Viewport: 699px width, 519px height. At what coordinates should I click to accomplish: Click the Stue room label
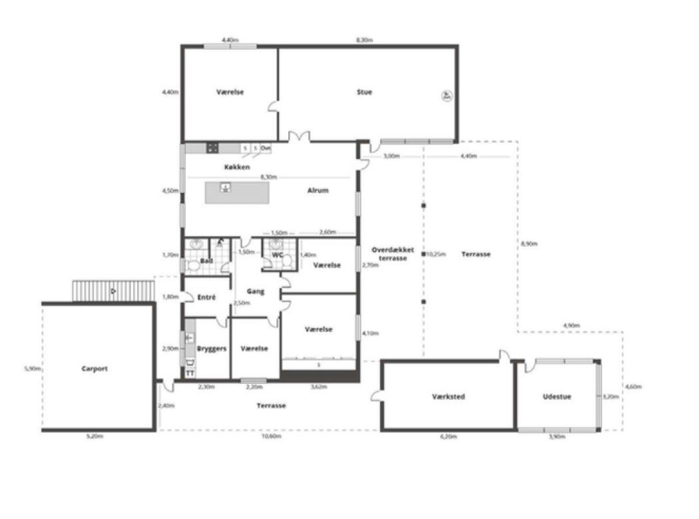(364, 92)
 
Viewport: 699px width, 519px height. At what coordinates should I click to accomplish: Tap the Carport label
(95, 369)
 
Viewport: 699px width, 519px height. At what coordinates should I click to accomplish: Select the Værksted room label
(448, 397)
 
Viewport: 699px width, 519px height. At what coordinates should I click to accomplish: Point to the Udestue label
(557, 397)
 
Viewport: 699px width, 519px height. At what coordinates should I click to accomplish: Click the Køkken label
(236, 167)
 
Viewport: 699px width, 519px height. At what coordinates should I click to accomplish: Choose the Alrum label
(318, 190)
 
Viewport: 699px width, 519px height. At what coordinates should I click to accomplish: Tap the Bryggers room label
(212, 349)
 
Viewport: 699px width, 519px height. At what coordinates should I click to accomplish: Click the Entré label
(206, 297)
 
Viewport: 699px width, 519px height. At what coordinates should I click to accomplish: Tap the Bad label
(206, 261)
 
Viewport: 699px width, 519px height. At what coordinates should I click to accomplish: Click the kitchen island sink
(226, 188)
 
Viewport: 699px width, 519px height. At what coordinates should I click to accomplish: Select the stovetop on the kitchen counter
(212, 148)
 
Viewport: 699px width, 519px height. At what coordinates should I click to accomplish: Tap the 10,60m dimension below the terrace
(271, 436)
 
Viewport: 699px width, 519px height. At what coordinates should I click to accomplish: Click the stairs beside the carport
(114, 291)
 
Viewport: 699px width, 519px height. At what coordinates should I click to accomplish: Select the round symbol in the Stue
(445, 96)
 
